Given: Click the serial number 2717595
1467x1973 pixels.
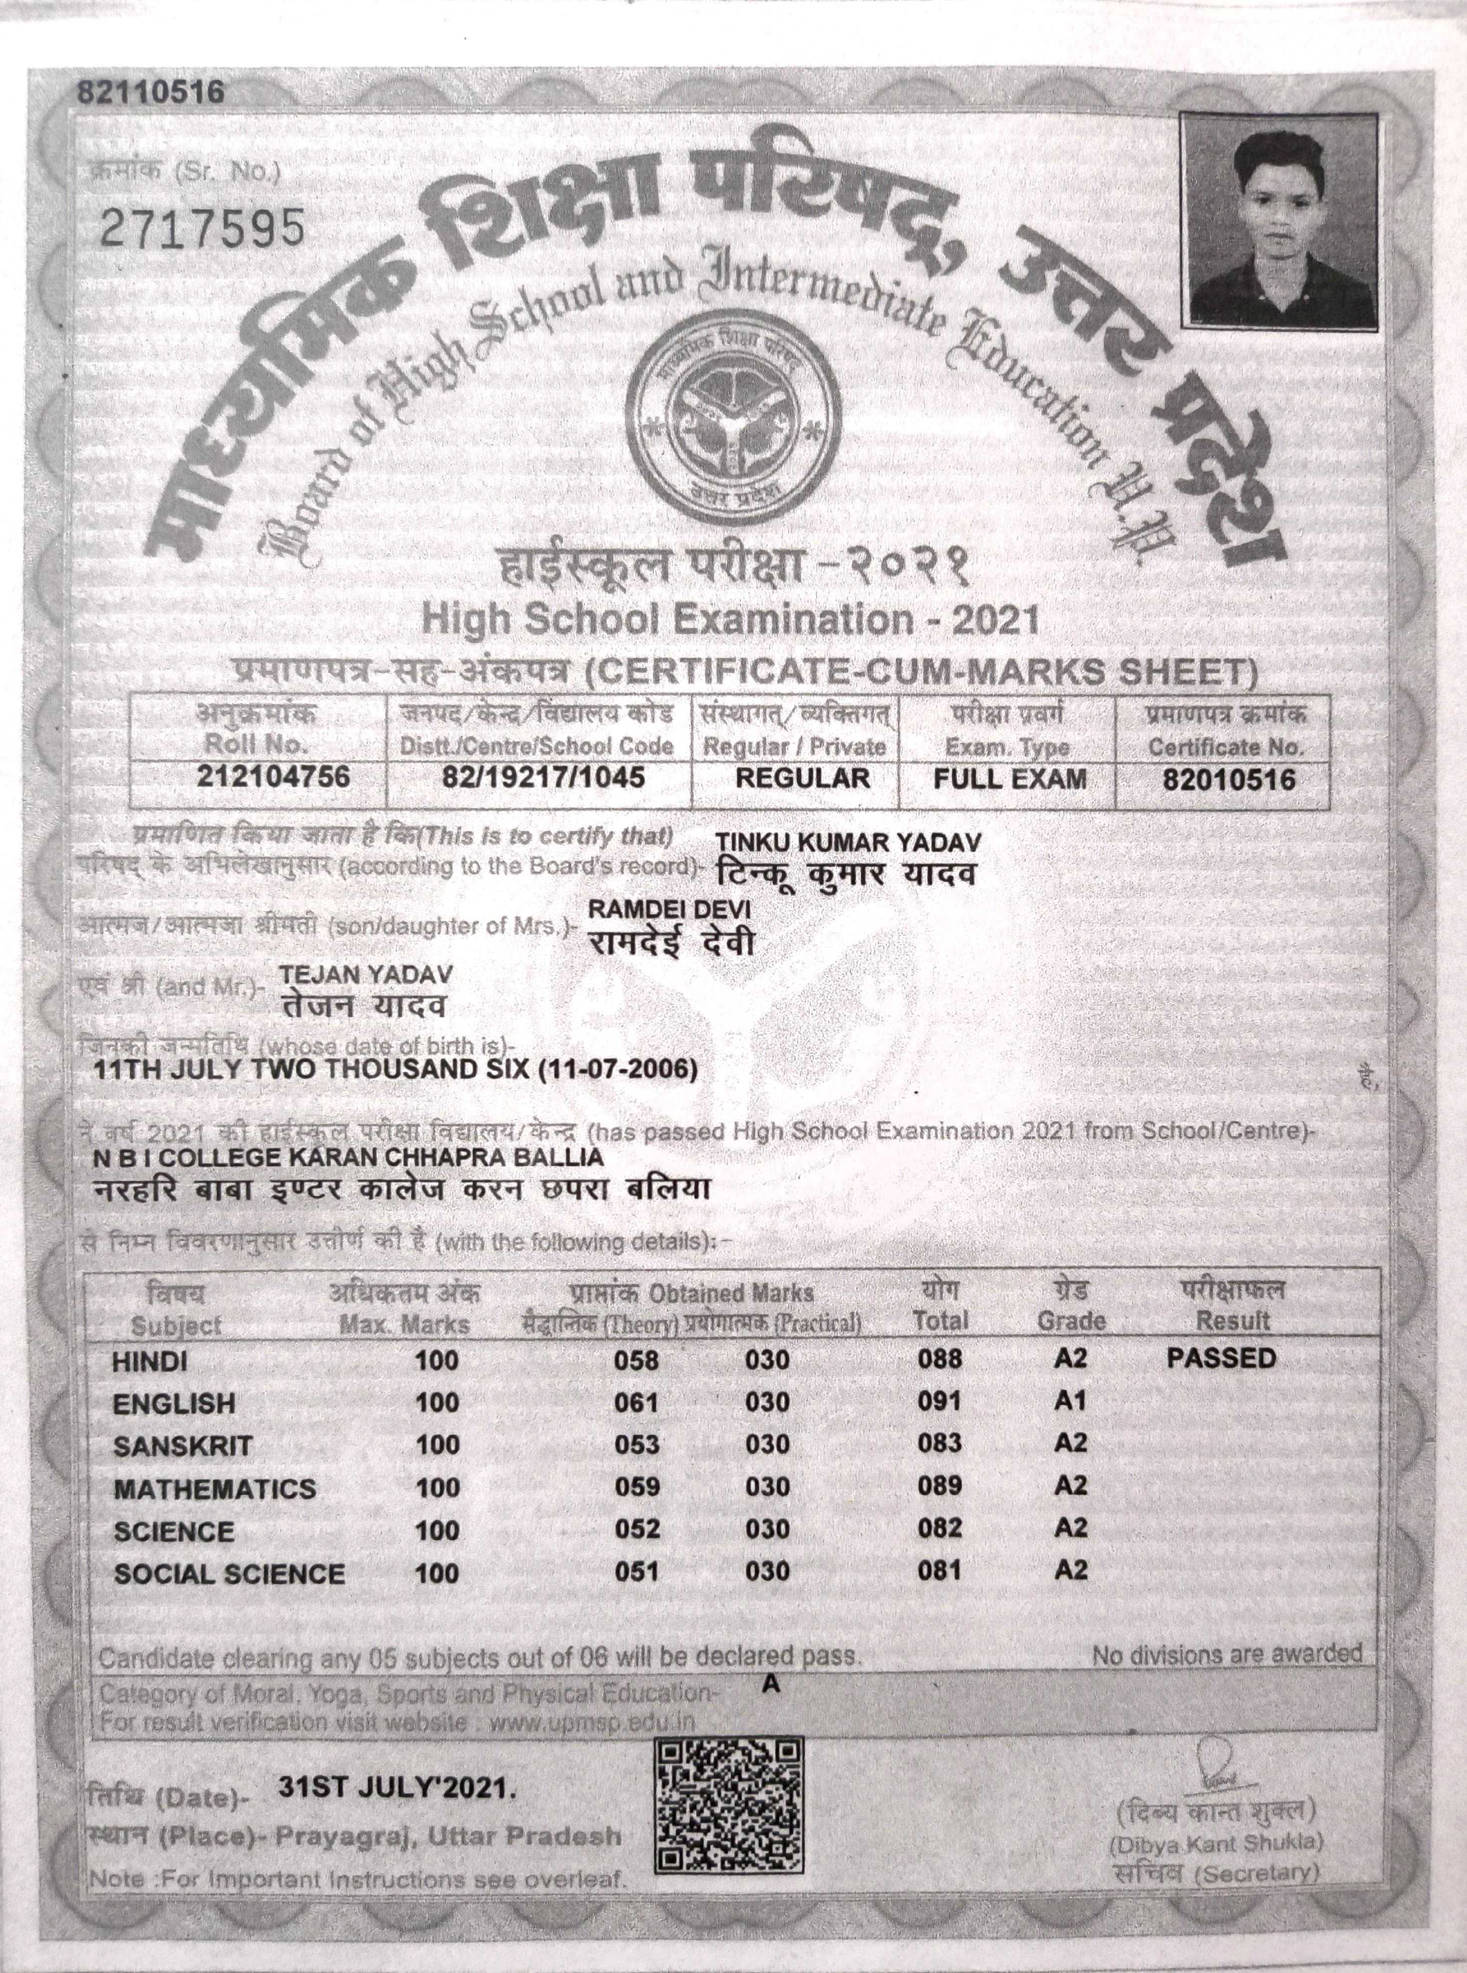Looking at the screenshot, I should click(x=203, y=229).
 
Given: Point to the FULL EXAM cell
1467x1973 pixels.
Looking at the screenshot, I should click(x=1010, y=779).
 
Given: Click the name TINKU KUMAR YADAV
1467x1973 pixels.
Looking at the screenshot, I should click(x=848, y=842).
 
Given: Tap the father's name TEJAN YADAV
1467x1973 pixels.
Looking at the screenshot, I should click(x=366, y=974).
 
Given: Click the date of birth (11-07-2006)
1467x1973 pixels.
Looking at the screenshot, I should click(x=617, y=1069).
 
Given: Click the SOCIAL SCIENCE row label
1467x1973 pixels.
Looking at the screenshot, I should click(x=228, y=1574).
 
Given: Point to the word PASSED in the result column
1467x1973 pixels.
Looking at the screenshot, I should click(x=1221, y=1358).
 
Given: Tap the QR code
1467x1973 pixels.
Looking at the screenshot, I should click(x=728, y=1804).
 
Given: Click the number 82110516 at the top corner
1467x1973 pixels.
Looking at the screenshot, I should click(x=151, y=92).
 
